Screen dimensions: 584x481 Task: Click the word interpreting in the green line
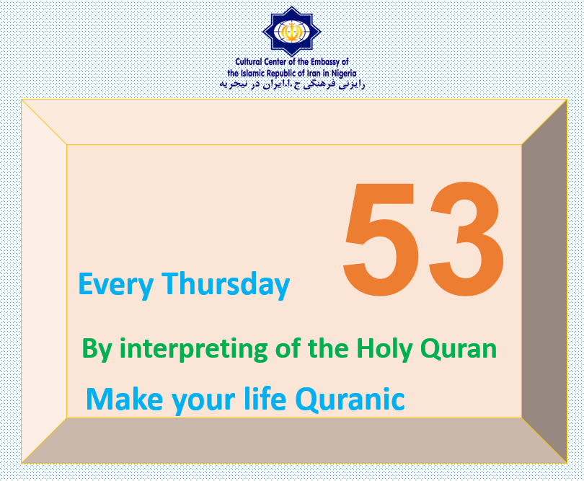coord(193,349)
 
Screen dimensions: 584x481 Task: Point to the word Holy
coord(384,349)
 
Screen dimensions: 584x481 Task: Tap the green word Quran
coord(459,348)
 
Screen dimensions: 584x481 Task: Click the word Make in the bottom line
coord(125,399)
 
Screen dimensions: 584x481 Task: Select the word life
coord(265,398)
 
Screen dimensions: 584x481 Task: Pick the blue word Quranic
coord(350,400)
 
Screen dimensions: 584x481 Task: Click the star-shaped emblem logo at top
coord(292,31)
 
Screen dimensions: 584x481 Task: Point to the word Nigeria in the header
coord(344,74)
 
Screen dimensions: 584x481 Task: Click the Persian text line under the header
coord(292,84)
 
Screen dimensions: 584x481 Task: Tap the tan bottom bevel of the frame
coord(294,441)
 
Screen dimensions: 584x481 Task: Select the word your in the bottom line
coord(203,402)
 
